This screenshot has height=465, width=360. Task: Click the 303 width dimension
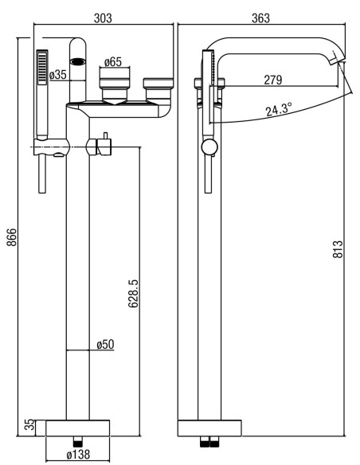pyautogui.click(x=103, y=18)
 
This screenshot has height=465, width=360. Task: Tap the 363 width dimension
pyautogui.click(x=261, y=18)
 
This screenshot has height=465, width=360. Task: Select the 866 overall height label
pyautogui.click(x=12, y=237)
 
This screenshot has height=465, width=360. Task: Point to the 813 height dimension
pyautogui.click(x=337, y=248)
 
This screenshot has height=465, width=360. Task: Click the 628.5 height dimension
pyautogui.click(x=134, y=293)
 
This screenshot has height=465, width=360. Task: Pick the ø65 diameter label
pyautogui.click(x=113, y=62)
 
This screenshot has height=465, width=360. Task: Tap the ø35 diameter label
pyautogui.click(x=58, y=75)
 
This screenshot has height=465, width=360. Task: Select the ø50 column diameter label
pyautogui.click(x=105, y=344)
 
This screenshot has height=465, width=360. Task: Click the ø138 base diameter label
pyautogui.click(x=78, y=454)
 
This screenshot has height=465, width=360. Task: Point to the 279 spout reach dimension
pyautogui.click(x=273, y=80)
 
